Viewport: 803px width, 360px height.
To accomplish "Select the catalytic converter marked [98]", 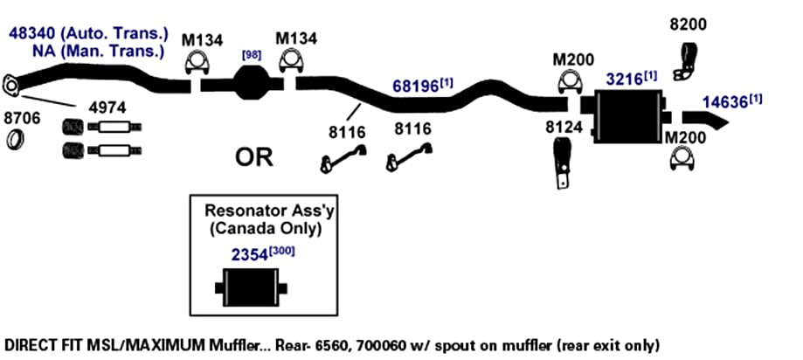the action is (252, 84).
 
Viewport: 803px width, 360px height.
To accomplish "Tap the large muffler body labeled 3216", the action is (628, 116).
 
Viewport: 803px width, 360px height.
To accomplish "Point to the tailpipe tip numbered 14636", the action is (705, 120).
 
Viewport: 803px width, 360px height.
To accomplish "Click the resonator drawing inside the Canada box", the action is (251, 287).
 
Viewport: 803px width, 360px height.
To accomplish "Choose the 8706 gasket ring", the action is (16, 139).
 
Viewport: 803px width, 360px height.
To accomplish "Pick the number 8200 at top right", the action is (689, 24).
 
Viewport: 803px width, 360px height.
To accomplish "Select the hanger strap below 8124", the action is (561, 163).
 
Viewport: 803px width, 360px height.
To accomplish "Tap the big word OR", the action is (254, 158).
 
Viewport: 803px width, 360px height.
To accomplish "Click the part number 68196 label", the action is (416, 86).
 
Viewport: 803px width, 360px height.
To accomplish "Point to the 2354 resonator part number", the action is (249, 255).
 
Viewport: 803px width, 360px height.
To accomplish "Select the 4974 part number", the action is (107, 107).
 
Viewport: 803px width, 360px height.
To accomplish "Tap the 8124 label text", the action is (564, 128).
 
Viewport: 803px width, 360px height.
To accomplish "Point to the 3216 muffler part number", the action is (624, 80).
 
